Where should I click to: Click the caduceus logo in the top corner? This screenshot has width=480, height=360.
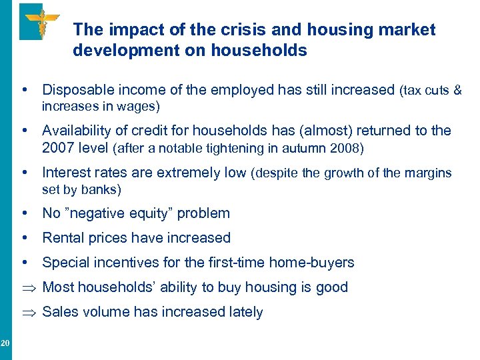click(x=41, y=21)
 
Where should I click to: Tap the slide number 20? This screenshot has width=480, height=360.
click(x=5, y=343)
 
